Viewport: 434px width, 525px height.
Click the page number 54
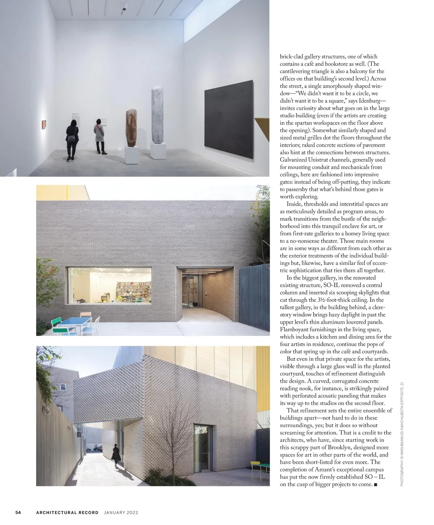tap(18, 512)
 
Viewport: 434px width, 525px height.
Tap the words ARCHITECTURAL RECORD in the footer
tap(67, 512)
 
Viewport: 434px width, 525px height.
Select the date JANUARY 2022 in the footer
tap(121, 512)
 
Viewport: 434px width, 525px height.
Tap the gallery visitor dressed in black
tap(72, 139)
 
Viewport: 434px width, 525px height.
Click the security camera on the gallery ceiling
tap(125, 7)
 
